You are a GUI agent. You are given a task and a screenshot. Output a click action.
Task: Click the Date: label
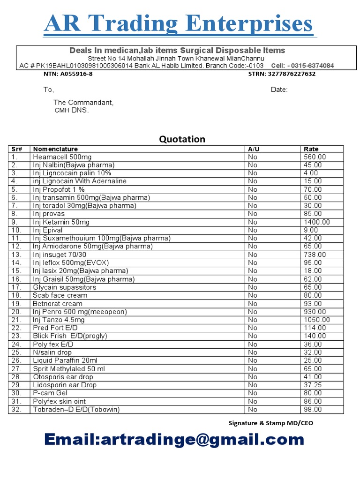279,90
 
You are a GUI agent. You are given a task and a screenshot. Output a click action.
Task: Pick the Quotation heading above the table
182,139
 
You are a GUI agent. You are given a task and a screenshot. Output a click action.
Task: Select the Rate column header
311,149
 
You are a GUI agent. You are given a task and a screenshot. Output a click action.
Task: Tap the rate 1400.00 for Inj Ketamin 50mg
317,222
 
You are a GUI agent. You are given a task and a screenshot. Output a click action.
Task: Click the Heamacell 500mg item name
62,157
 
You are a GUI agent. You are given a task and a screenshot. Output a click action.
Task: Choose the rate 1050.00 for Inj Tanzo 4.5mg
317,320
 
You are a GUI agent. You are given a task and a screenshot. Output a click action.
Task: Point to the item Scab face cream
60,295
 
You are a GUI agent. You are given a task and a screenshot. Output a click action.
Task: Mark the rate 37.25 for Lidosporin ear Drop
313,385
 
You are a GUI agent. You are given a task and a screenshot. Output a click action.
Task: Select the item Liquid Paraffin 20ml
65,360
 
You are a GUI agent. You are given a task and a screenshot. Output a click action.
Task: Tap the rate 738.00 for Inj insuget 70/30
315,255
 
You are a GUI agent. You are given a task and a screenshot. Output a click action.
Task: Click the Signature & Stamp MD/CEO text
271,423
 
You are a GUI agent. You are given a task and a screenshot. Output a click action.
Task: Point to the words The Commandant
83,102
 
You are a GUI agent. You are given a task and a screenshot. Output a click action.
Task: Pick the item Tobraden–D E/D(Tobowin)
76,410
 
